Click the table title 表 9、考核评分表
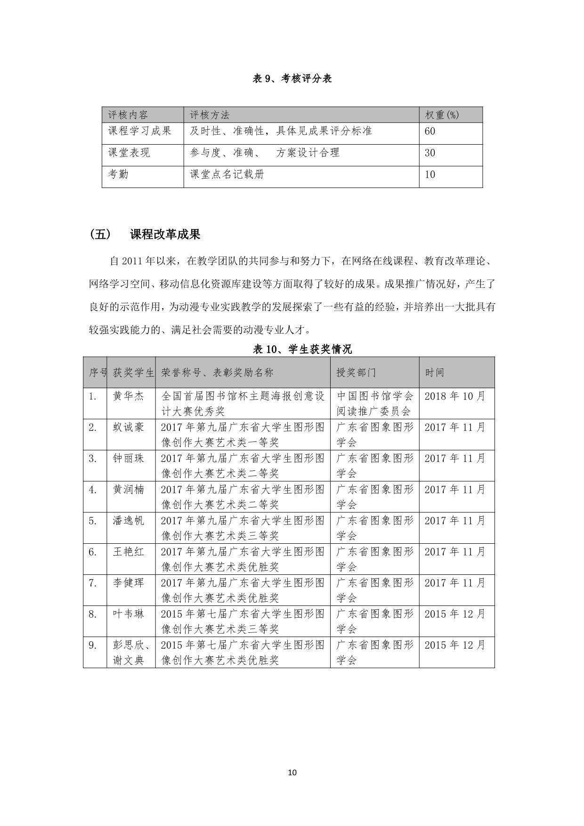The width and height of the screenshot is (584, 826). point(292,79)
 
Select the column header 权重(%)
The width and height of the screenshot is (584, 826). point(442,115)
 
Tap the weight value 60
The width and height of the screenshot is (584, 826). point(430,131)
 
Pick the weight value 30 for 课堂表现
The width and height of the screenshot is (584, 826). point(430,153)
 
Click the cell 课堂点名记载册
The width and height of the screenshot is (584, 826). point(227,175)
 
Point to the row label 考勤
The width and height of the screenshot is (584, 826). point(118,175)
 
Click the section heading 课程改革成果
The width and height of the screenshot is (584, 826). point(165,234)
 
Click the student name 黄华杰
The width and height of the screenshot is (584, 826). point(129,396)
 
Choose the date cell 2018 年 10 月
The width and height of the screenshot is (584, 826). point(454,396)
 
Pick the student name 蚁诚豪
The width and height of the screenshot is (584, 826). point(129,427)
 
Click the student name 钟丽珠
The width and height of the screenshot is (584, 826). point(129,458)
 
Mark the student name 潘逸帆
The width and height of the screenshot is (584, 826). point(129,521)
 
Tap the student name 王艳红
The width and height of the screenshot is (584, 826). point(129,552)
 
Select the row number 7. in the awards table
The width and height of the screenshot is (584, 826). point(92,583)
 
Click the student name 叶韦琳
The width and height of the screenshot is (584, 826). point(129,614)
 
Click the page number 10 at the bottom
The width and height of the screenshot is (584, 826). point(292,772)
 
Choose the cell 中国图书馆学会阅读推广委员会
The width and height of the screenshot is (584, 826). point(375,403)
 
